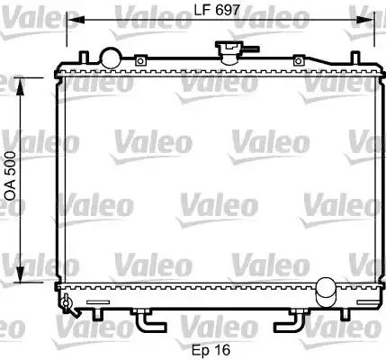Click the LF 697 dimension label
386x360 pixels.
tap(217, 11)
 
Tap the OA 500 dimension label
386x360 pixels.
tap(11, 175)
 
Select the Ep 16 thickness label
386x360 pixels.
tap(211, 350)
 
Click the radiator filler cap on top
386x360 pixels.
tap(229, 52)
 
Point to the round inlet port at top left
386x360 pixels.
tap(112, 58)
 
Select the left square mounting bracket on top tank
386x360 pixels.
tap(140, 60)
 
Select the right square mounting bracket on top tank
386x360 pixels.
tap(299, 60)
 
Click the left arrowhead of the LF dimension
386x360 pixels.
tap(75, 20)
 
